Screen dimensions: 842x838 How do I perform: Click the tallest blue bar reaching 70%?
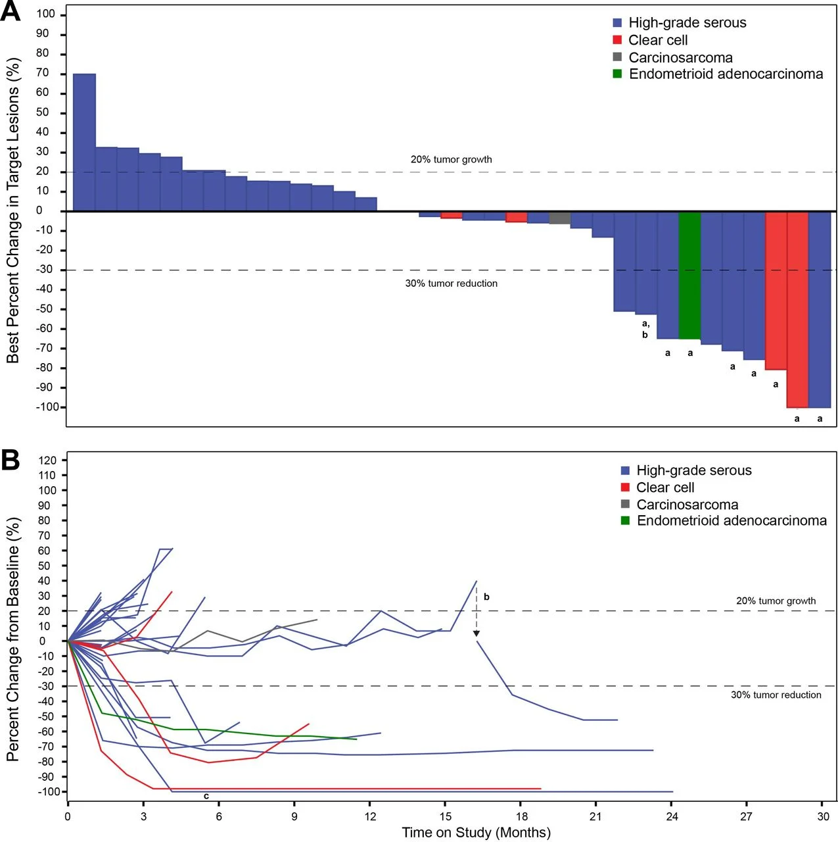84,141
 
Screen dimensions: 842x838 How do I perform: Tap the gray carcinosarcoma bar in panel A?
560,218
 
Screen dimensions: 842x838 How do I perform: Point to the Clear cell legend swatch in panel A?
617,40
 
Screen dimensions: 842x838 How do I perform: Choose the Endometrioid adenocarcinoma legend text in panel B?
732,520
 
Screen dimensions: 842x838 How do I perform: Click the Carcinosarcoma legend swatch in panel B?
625,505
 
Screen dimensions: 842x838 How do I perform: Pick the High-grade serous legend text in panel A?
687,23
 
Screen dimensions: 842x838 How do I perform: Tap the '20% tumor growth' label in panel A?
451,159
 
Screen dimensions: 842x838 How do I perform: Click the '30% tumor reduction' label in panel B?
776,695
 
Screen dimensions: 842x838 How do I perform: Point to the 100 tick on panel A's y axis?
46,14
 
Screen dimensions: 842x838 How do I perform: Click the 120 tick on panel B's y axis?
47,460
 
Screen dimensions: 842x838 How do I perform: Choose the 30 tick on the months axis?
823,816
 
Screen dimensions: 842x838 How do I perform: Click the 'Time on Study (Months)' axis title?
476,833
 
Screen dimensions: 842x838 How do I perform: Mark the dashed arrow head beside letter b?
477,633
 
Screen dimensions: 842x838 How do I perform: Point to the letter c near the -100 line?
206,797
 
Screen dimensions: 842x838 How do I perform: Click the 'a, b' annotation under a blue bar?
645,329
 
